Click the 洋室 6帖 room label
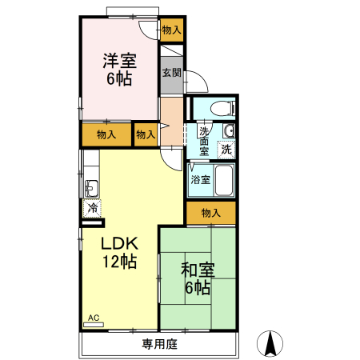point(118,69)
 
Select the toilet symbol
point(221,108)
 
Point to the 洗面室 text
point(205,141)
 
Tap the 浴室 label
point(200,179)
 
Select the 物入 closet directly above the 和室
point(211,213)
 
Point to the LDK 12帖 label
point(120,252)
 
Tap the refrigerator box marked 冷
point(93,208)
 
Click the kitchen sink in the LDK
point(90,189)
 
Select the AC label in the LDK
point(93,318)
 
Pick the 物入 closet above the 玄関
point(171,30)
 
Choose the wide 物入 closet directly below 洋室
point(106,134)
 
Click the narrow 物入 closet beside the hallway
point(146,134)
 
